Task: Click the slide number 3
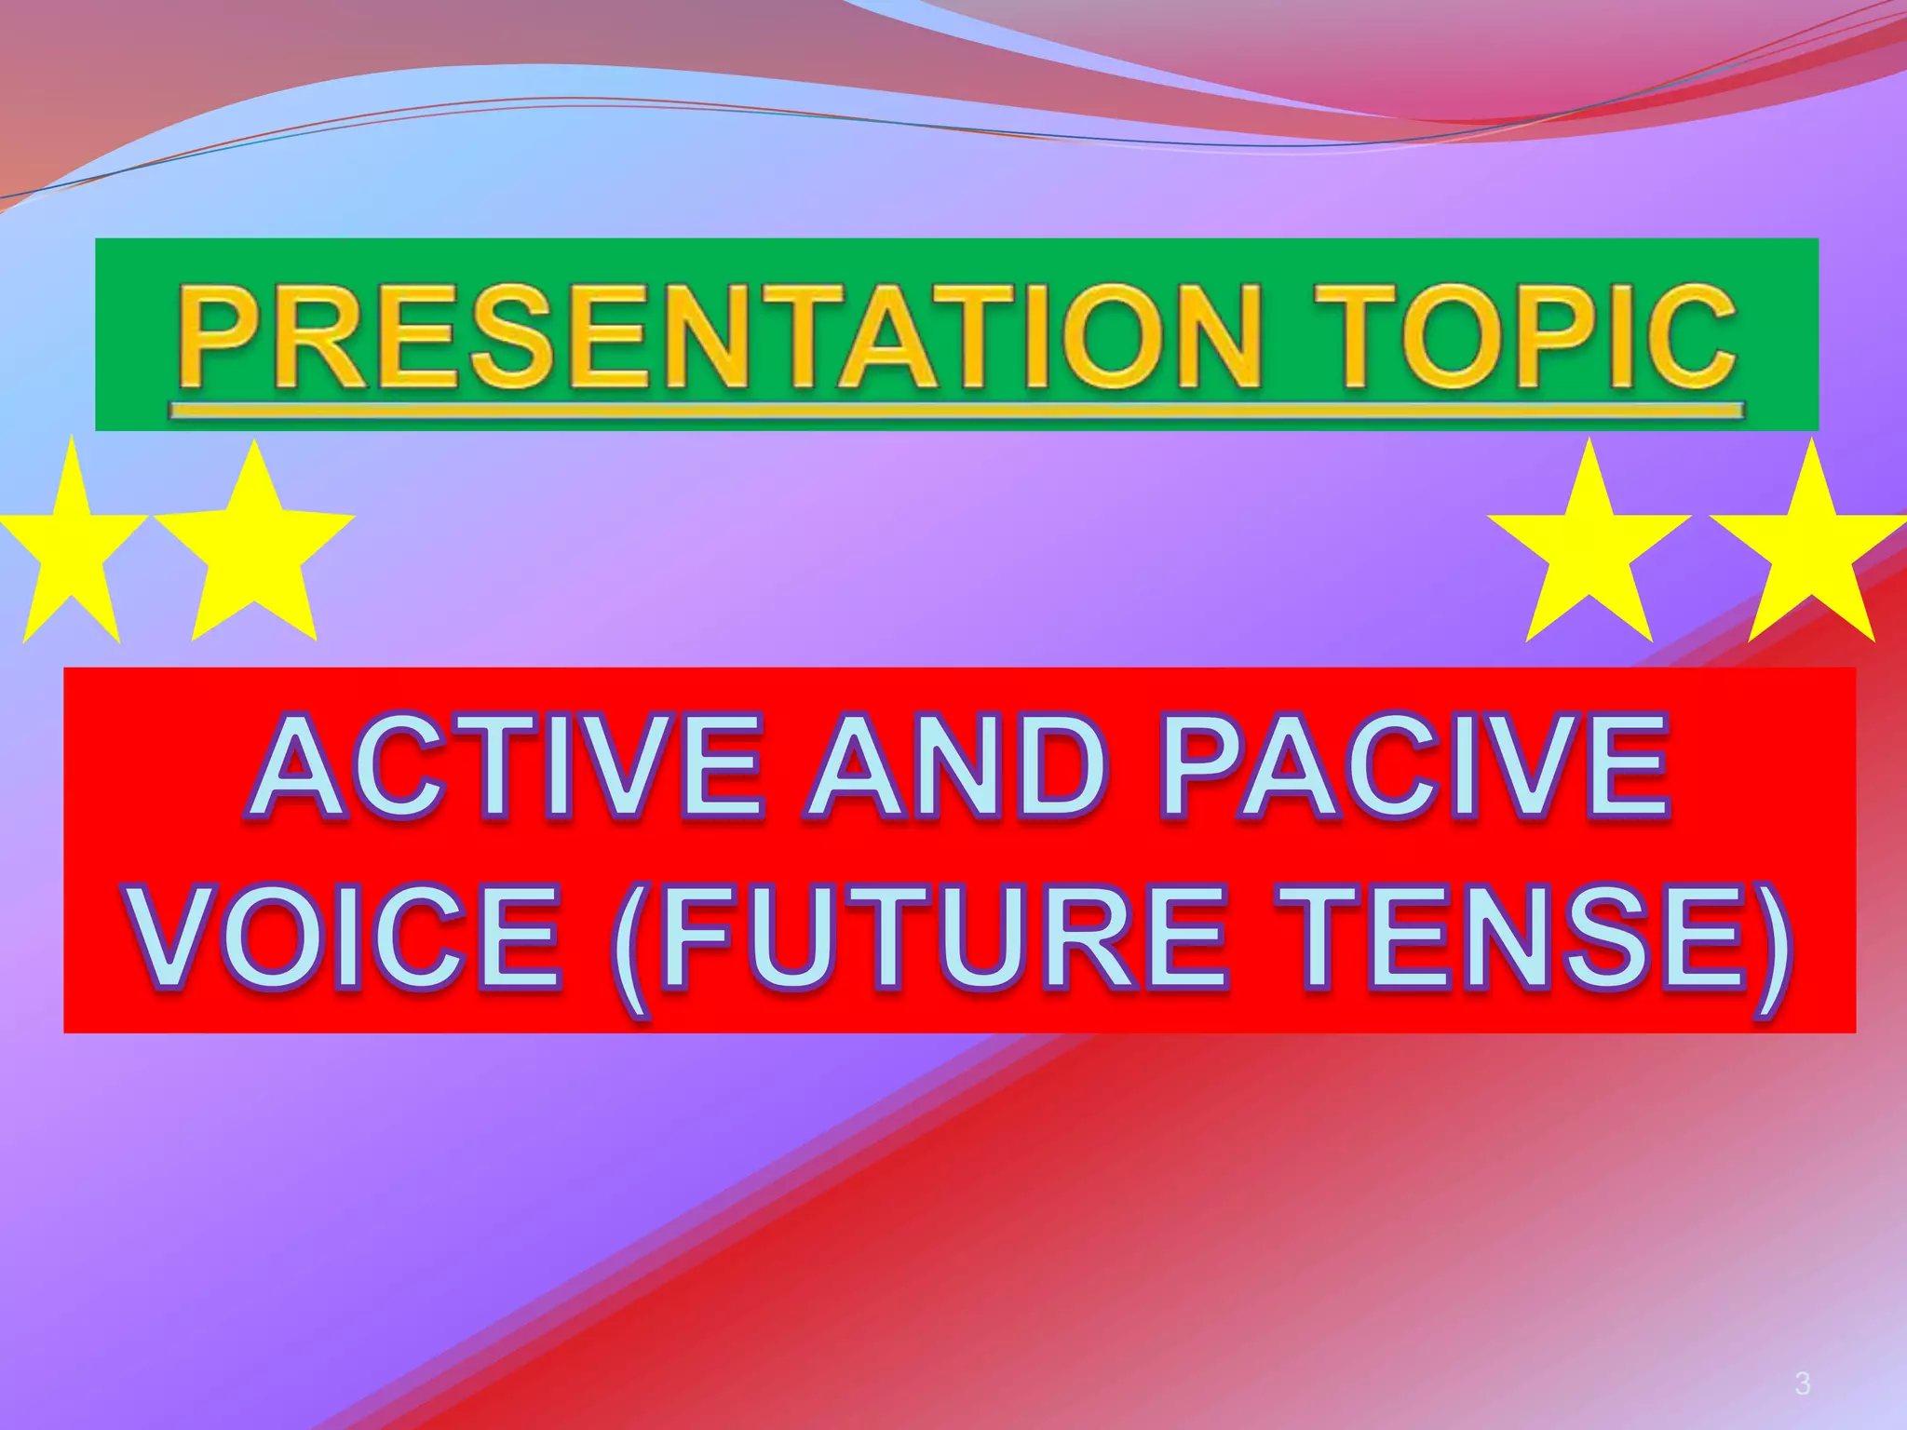coord(1803,1384)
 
